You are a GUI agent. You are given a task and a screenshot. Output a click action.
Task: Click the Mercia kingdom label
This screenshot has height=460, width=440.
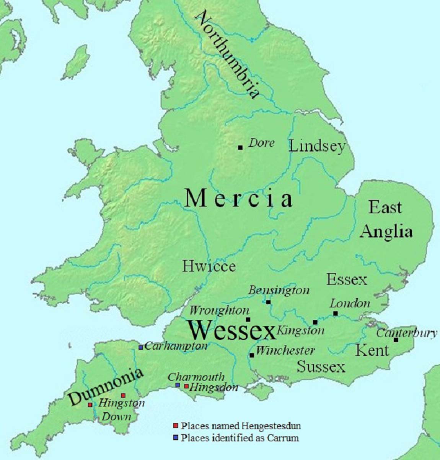(238, 199)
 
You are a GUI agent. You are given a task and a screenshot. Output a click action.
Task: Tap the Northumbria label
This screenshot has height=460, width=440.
(227, 55)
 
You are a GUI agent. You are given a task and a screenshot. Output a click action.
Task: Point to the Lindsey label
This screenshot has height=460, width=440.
(317, 146)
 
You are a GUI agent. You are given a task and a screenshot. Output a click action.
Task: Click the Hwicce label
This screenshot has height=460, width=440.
(209, 266)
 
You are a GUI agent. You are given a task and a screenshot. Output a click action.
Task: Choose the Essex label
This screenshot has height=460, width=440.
(346, 279)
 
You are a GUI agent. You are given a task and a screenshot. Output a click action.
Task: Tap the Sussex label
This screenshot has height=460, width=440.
(321, 367)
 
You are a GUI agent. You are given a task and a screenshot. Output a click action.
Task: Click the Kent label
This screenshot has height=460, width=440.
(372, 350)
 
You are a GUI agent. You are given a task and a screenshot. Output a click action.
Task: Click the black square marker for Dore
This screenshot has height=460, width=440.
(240, 147)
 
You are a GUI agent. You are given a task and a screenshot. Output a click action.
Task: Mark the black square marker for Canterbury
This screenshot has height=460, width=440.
(396, 340)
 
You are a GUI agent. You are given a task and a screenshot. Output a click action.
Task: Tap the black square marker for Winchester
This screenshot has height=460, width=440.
(252, 355)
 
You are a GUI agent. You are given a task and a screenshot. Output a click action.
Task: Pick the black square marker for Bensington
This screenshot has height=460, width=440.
(268, 302)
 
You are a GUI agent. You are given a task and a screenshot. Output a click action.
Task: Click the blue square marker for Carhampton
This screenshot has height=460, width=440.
(141, 347)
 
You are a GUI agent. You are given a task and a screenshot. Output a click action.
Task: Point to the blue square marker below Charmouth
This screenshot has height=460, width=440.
(178, 385)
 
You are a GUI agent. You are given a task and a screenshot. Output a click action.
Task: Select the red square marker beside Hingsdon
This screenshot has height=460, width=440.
(186, 386)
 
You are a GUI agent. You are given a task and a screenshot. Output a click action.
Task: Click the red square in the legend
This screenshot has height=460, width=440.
(176, 426)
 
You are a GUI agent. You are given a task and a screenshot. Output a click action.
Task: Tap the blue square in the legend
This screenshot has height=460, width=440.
(176, 437)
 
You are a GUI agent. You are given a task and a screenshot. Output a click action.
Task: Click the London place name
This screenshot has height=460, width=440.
(350, 304)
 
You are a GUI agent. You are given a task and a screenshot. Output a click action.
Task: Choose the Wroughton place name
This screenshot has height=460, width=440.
(219, 310)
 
